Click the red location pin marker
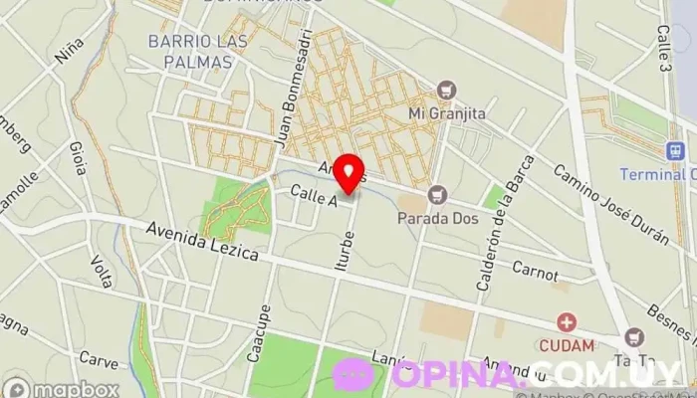pos(349,173)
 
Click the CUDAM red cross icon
pos(567,322)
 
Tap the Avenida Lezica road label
pos(202,241)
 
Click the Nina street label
pos(69,51)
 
